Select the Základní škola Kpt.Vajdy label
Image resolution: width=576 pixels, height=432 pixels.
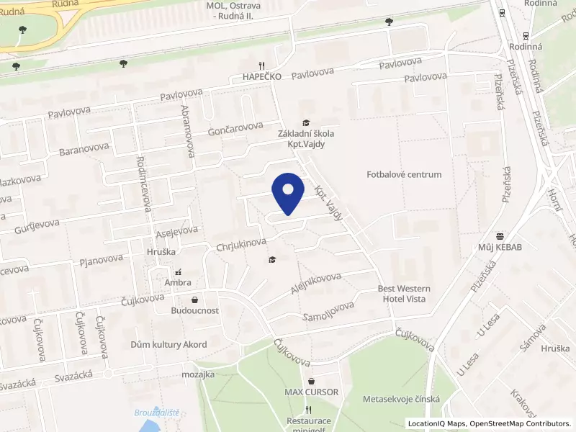coord(306,138)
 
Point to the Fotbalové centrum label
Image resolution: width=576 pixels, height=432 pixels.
coord(404,174)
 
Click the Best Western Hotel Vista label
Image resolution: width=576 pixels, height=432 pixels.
coord(402,294)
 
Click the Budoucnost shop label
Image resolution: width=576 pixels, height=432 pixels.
coord(194,312)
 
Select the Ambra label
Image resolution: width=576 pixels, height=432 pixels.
coord(178,283)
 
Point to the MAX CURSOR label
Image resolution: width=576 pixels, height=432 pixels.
coord(311,392)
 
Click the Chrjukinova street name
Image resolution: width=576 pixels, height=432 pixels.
coord(241,246)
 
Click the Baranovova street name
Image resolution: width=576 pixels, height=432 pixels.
coord(85,149)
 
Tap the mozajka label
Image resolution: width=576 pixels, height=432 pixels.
coord(198,375)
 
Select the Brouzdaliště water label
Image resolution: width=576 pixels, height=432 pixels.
coord(156,413)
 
